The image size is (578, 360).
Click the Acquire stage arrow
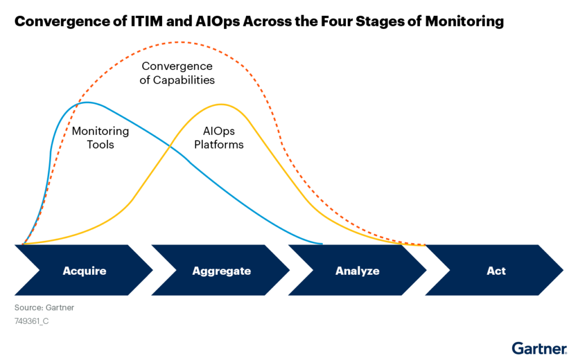84,271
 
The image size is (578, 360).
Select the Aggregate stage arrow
221,271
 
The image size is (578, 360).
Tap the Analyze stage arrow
357,271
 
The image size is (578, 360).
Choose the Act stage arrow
496,271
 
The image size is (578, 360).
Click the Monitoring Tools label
100,138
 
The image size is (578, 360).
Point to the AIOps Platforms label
219,138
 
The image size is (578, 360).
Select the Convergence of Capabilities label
177,73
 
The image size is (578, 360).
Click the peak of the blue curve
86,103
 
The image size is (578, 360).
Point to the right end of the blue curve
321,244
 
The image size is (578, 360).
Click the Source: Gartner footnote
44,308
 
